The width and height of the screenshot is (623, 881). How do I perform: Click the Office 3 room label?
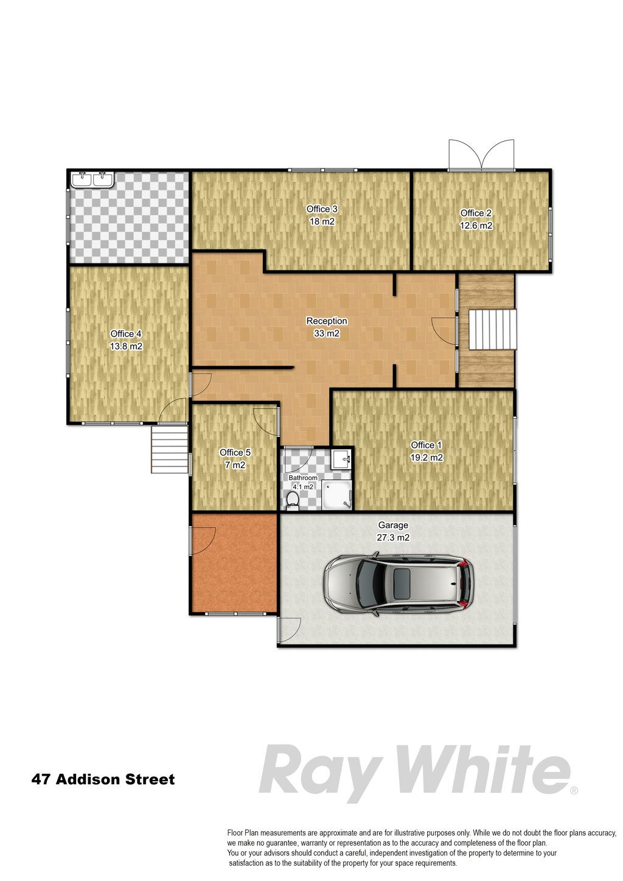coord(322,209)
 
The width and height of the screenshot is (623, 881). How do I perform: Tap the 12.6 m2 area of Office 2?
coord(476,226)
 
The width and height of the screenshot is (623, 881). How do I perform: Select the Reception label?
coord(327,321)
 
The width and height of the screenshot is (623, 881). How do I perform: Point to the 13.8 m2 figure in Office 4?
coord(126,347)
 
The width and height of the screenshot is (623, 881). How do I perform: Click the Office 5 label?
coord(235,452)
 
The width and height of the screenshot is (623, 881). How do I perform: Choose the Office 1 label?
coord(426,445)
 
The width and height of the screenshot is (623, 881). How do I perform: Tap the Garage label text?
coord(393,525)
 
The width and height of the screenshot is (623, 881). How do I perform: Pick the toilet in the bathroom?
coord(292,501)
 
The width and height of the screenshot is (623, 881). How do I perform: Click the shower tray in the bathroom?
coord(336,495)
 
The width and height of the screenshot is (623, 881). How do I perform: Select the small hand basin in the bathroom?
coord(341,459)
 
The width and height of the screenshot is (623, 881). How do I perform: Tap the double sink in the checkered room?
coord(92,179)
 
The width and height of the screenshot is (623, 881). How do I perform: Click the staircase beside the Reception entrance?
coord(492,330)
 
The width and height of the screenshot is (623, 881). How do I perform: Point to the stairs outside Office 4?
coord(170,449)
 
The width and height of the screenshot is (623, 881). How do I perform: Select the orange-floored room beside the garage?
coord(234,562)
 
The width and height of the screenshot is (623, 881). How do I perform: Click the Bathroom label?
coord(303,478)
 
